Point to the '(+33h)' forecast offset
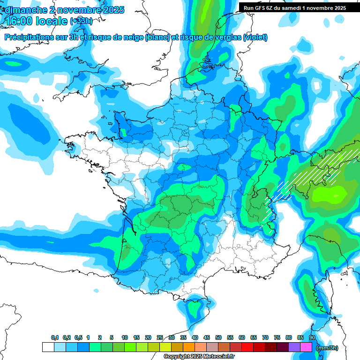81,22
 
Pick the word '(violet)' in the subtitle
255,37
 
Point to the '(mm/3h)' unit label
327,348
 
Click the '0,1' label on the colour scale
54,338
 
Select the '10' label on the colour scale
125,338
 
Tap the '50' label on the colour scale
218,338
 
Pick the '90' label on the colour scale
312,338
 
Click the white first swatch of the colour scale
48,347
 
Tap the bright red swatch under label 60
247,347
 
